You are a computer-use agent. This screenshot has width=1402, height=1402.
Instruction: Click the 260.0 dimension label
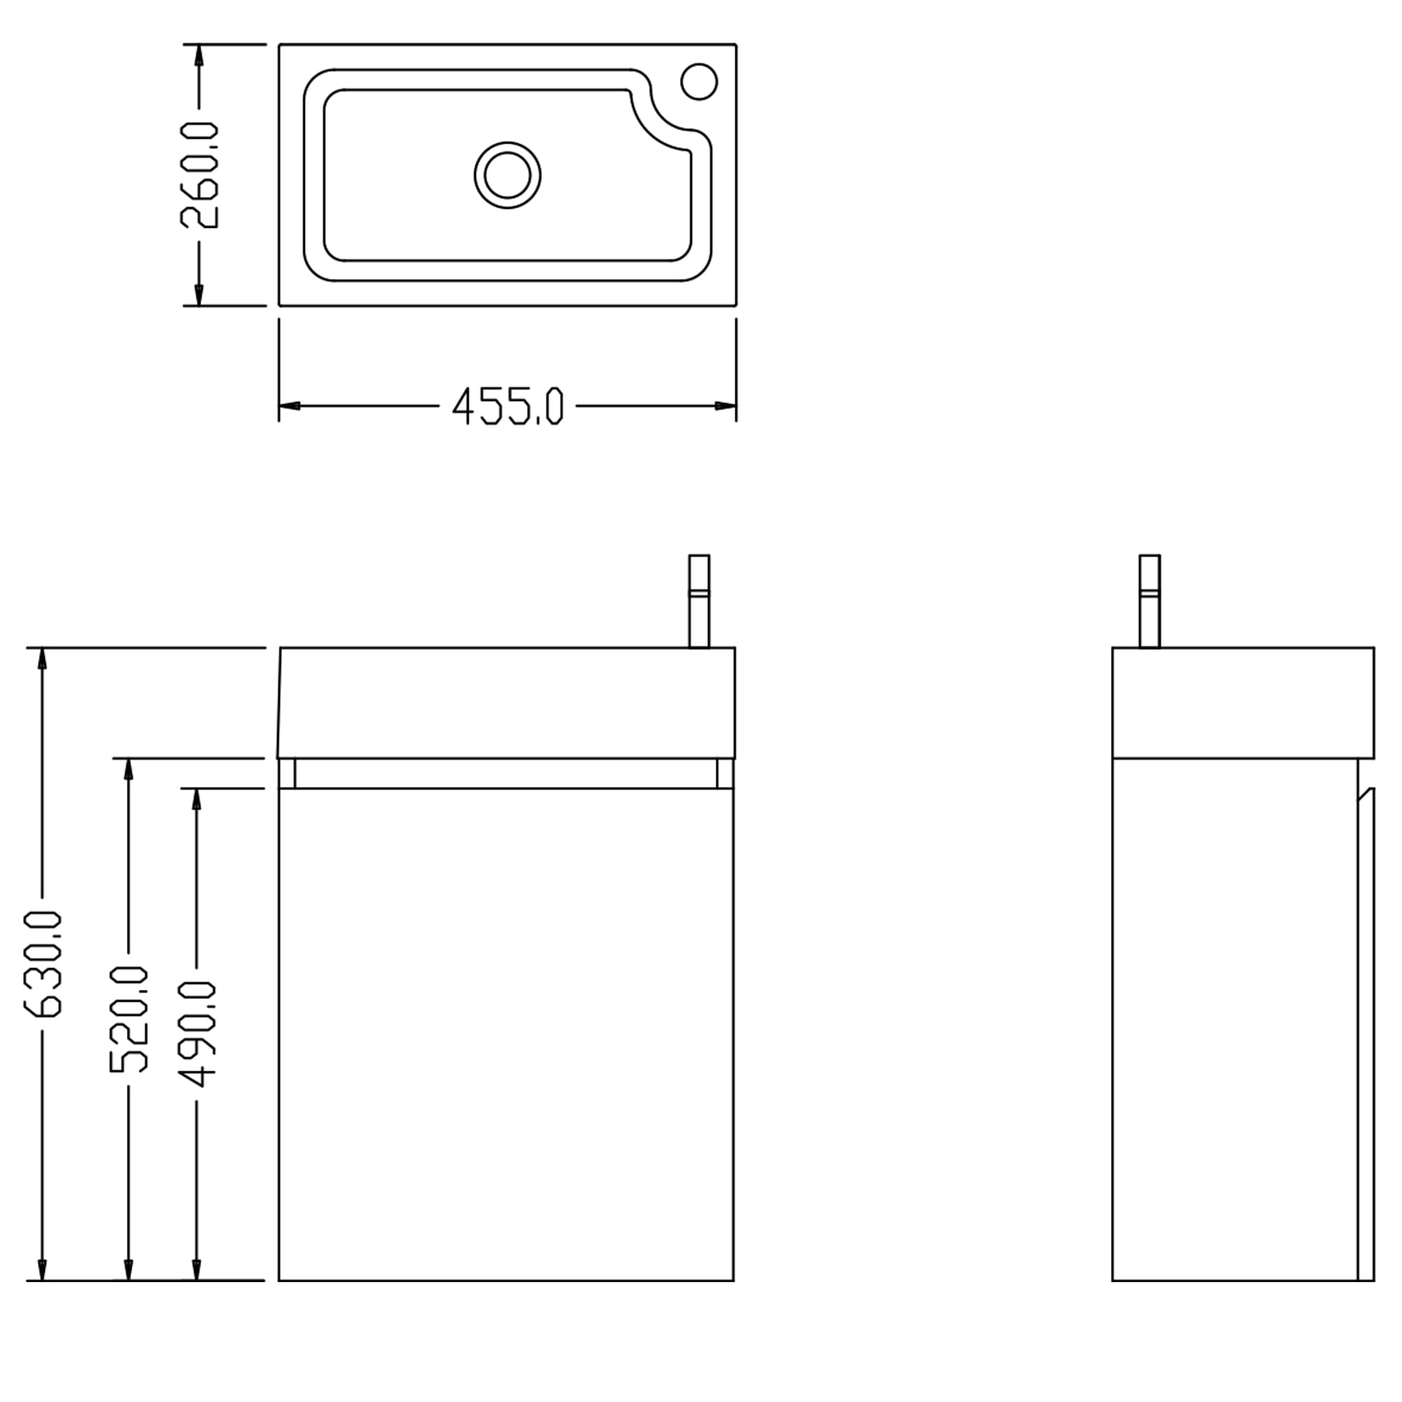click(199, 175)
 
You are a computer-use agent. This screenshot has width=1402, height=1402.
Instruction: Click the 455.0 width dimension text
click(508, 407)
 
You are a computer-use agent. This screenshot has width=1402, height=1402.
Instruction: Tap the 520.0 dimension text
click(129, 1019)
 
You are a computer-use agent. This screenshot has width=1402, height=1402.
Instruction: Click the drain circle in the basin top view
click(508, 175)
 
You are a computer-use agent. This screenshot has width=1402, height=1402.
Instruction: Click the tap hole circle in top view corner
click(700, 81)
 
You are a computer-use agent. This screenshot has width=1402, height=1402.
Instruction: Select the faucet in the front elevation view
click(699, 601)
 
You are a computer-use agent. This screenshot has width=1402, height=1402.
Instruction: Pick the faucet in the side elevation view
click(1150, 601)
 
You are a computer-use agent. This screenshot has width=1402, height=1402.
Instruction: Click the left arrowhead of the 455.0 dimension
click(289, 406)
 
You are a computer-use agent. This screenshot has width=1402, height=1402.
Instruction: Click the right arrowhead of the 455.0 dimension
click(726, 406)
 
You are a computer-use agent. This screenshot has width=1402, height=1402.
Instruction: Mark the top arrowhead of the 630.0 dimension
click(43, 659)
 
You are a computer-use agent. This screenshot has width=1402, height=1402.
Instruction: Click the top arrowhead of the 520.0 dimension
click(129, 770)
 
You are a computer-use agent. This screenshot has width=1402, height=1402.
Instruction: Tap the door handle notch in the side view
click(1366, 795)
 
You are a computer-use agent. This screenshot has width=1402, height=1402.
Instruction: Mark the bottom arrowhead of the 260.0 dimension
click(199, 294)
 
